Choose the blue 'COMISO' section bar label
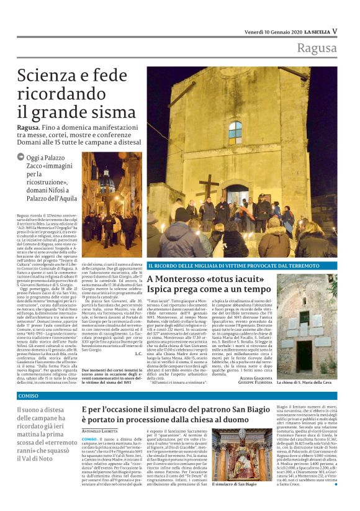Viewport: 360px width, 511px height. (29, 396)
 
